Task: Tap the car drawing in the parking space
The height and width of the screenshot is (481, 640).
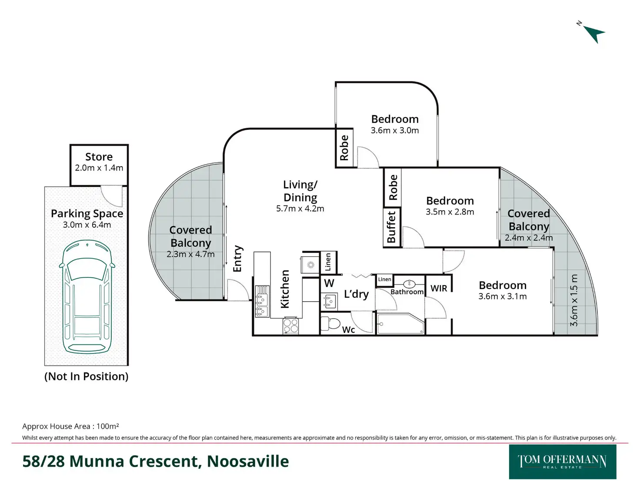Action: coord(87,297)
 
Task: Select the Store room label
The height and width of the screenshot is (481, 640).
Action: coord(99,157)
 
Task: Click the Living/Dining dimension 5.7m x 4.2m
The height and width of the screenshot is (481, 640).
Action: coord(300,209)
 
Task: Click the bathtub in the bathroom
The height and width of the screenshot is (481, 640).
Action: coord(400,324)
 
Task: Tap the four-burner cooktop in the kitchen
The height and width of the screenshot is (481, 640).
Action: coord(290,326)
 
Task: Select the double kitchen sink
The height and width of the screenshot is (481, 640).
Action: coord(262,301)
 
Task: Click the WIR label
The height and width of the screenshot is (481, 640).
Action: coord(439,288)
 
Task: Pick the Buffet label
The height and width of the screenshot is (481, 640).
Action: coord(391,227)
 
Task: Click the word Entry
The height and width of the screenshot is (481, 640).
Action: coord(237,259)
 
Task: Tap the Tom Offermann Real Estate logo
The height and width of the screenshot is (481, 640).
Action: coord(562,461)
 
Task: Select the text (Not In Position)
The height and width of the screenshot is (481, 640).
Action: coord(87,376)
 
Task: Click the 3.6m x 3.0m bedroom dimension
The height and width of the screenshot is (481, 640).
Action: coord(395,131)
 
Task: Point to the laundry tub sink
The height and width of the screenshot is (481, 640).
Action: coord(329,301)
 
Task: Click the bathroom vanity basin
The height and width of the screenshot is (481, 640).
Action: coord(409,284)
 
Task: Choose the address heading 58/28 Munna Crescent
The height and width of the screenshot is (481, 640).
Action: coord(155,461)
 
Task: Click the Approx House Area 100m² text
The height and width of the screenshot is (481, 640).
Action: coord(70,426)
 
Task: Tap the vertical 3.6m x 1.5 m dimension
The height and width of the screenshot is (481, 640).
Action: coord(574,300)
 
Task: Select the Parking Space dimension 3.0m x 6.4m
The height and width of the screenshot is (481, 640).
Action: coord(87,225)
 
